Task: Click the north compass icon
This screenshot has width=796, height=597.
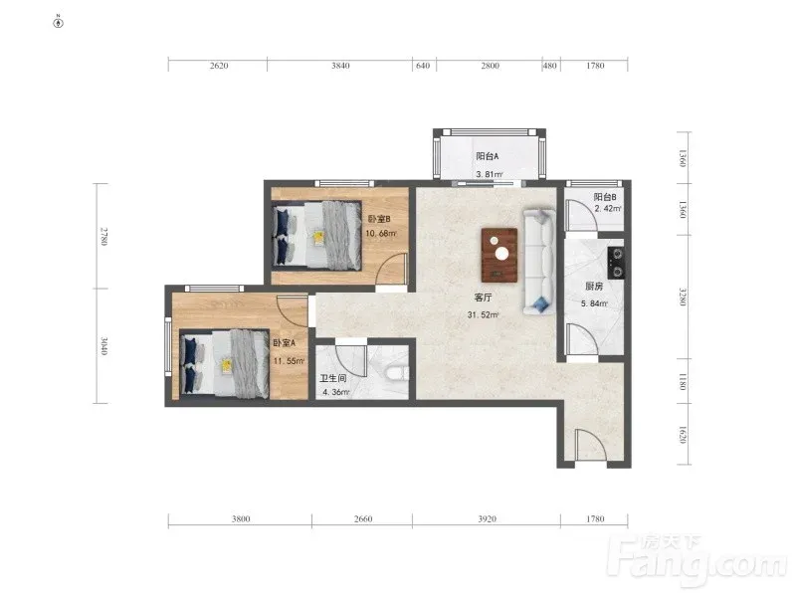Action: pos(59,22)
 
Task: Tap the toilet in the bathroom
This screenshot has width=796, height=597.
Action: pos(397,373)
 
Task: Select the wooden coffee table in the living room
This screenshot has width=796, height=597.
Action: pos(499,255)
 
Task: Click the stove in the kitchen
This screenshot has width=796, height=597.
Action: pos(616,263)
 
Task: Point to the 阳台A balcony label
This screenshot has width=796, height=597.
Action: pos(488,156)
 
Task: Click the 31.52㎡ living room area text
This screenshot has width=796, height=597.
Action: pos(483,314)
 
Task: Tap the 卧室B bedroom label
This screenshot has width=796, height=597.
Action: pos(379,219)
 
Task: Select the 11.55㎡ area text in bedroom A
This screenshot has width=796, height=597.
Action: pos(289,361)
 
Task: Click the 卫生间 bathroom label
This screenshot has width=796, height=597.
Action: pos(332,378)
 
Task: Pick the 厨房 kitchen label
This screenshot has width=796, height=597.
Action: pos(594,287)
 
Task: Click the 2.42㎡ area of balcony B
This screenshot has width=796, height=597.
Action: pos(608,208)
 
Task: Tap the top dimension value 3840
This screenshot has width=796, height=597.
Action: pos(340,66)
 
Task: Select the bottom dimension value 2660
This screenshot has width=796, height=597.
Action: pos(363,518)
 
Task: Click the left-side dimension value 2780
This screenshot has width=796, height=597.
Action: pos(103,237)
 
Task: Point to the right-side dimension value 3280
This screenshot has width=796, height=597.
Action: pos(683,297)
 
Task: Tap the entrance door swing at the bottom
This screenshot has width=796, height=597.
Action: pos(590,444)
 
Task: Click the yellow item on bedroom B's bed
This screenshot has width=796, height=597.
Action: pos(318,238)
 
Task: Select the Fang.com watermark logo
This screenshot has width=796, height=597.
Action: pos(701,559)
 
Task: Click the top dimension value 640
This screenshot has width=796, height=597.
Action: pos(423,66)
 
